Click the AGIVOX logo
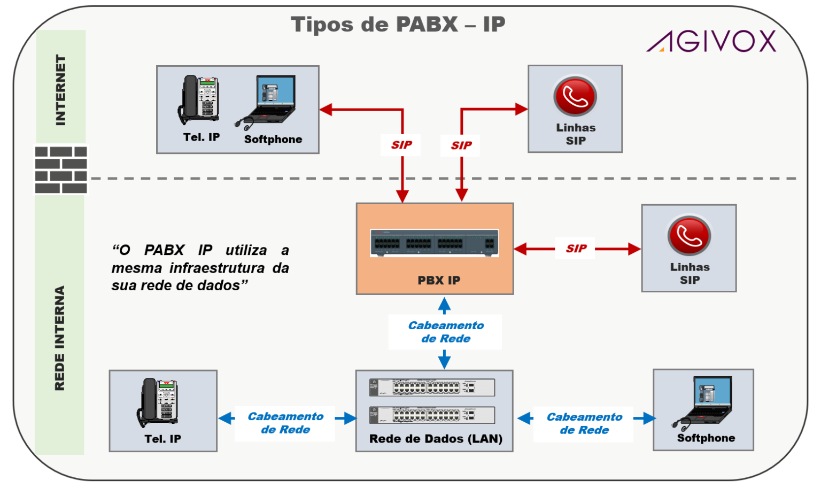(711, 41)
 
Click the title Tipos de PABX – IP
(398, 25)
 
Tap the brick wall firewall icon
(61, 169)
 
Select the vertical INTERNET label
(61, 90)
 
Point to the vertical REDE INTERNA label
(60, 338)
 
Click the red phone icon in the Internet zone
(575, 96)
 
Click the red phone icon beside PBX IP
(689, 235)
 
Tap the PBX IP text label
(438, 280)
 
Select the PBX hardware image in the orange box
(434, 243)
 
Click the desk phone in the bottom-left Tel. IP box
(159, 402)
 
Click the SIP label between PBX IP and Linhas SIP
(576, 249)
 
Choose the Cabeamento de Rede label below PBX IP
(445, 332)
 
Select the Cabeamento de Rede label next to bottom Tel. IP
(285, 423)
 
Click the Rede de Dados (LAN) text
(435, 439)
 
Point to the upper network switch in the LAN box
(432, 387)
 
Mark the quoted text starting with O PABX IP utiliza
(200, 268)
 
